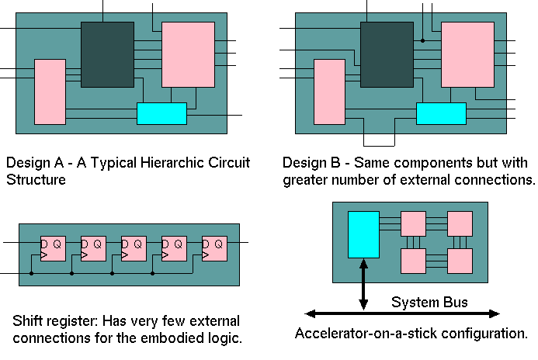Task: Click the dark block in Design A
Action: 107,54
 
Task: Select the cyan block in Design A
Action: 161,113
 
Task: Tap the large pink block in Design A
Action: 187,54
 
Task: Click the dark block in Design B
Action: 387,54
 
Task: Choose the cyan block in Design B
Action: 441,113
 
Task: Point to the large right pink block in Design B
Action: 467,54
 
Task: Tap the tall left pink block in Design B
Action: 329,92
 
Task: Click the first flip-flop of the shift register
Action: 54,248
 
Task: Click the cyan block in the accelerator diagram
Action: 363,235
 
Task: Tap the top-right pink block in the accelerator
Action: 460,224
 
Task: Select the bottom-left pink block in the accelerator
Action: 413,260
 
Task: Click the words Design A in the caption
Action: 31,164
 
